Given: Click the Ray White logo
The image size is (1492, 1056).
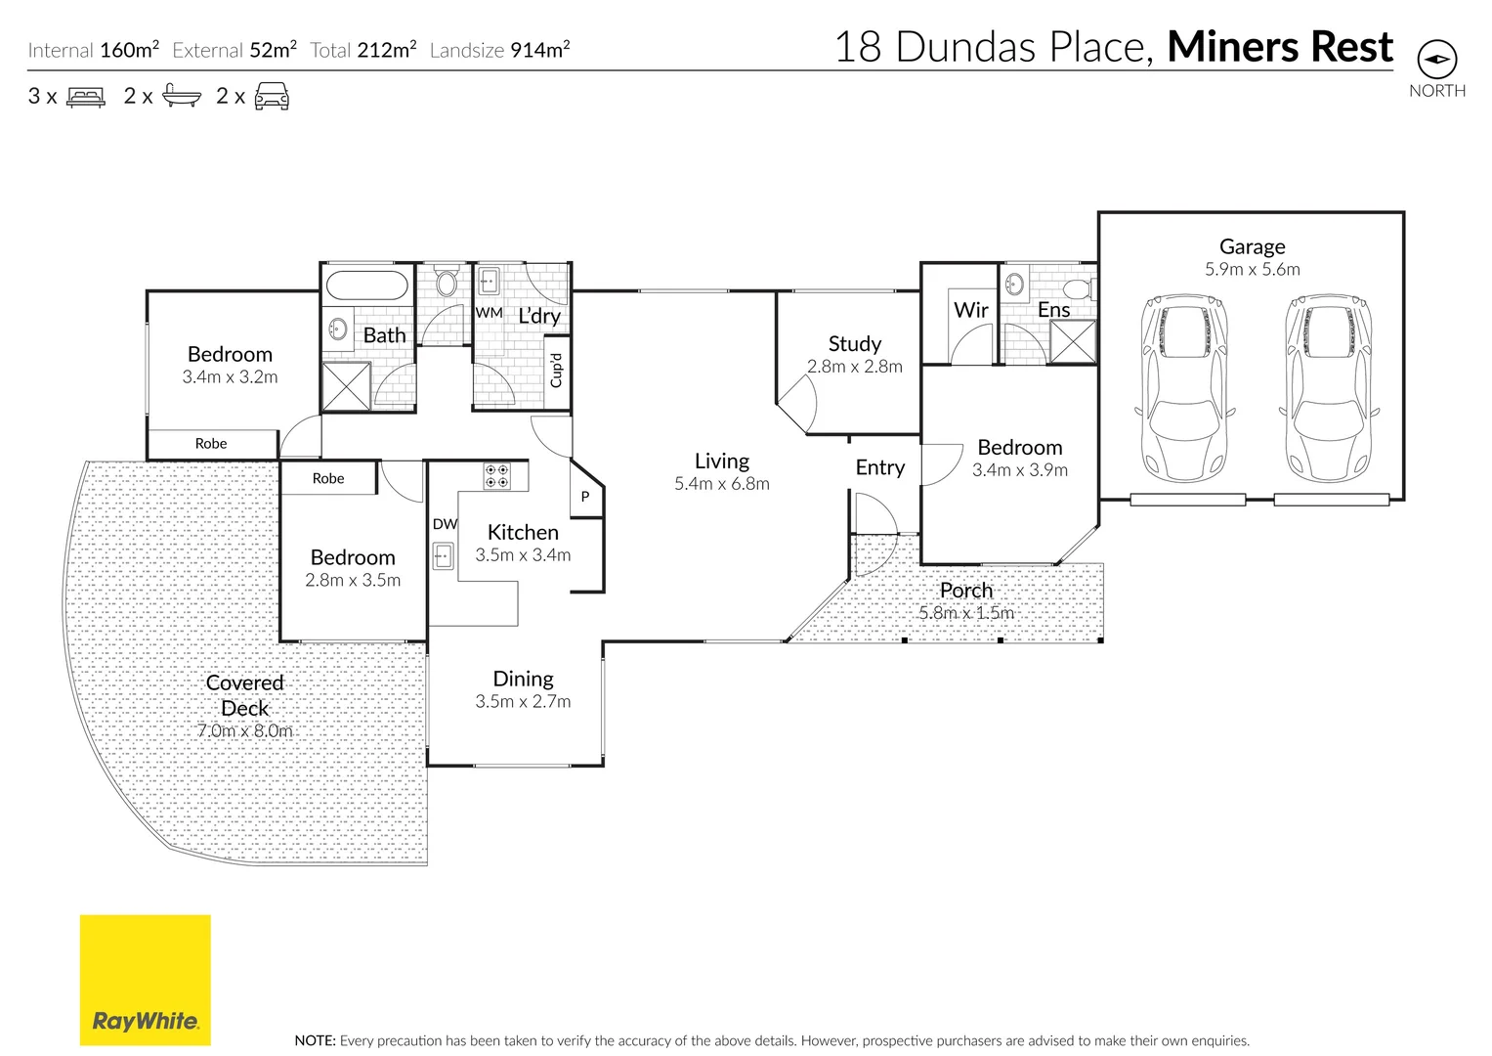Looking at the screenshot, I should coord(145,980).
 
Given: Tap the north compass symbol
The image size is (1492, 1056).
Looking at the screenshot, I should coord(1436,60).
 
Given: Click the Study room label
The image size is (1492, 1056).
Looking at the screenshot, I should coord(854,344).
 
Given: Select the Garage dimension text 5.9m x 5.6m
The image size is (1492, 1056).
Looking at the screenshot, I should coord(1252,270).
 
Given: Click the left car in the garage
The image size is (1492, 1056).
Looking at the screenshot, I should coord(1183,388).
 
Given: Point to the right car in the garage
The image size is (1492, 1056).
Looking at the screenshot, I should coord(1328,388).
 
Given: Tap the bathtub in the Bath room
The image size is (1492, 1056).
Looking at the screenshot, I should coord(366,286).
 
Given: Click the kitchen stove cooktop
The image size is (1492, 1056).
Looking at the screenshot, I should coord(496,476).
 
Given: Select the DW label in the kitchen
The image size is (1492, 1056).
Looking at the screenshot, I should coord(445,524).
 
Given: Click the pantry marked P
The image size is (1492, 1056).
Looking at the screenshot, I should coord(585,497).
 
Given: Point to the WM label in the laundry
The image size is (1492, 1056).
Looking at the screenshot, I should coord(489,313).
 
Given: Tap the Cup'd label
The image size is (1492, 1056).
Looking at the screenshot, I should coord(557,371).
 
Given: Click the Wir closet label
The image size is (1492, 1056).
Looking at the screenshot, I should coord(970,310).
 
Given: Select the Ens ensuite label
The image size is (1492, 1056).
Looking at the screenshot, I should coord(1053,310).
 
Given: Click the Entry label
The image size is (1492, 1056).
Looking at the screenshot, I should coord(879,467).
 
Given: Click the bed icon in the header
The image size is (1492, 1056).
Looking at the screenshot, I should coord(85,97).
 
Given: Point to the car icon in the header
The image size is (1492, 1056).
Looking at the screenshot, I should coord(272,96).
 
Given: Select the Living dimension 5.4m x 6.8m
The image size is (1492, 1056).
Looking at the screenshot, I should coord(721,484).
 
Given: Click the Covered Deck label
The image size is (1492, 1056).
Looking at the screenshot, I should coord(244,695).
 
